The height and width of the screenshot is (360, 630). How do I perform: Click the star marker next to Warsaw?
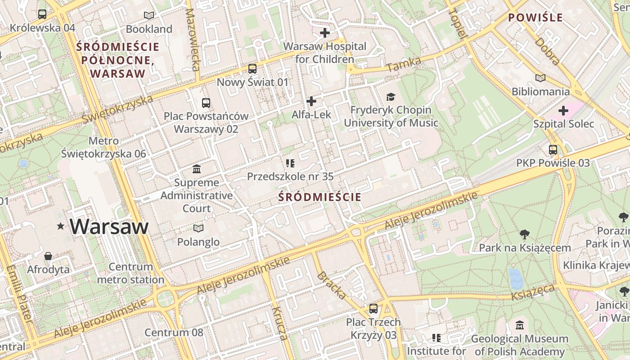tap(60, 226)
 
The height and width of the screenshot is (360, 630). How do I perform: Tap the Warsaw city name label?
tap(109, 226)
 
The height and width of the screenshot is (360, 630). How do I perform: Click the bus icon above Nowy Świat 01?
tap(252, 69)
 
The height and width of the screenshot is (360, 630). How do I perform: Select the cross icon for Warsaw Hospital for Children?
tap(325, 33)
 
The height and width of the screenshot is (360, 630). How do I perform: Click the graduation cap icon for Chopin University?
tap(391, 97)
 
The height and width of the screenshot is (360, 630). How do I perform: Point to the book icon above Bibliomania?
tap(540, 78)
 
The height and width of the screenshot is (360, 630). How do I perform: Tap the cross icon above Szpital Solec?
tap(563, 111)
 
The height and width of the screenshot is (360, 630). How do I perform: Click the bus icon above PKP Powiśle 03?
tap(553, 150)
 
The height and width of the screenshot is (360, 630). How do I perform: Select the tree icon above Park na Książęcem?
tap(524, 234)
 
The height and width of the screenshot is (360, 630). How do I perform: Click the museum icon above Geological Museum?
tap(520, 325)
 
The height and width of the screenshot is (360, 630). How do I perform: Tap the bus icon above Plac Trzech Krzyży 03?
tap(373, 309)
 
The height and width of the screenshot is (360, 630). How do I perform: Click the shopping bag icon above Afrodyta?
tap(48, 256)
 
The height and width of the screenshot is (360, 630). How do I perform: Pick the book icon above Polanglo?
tap(198, 229)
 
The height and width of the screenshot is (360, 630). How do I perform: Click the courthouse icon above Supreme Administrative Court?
tap(197, 169)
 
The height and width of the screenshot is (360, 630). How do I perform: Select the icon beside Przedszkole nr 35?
tap(290, 163)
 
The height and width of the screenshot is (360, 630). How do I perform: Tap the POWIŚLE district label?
tap(535, 18)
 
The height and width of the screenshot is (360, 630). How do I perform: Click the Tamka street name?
tap(404, 64)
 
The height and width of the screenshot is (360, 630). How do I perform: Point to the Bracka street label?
tap(332, 285)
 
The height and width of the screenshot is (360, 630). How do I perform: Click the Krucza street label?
tap(279, 323)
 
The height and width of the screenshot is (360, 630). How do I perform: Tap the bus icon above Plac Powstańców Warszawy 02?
tap(206, 103)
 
